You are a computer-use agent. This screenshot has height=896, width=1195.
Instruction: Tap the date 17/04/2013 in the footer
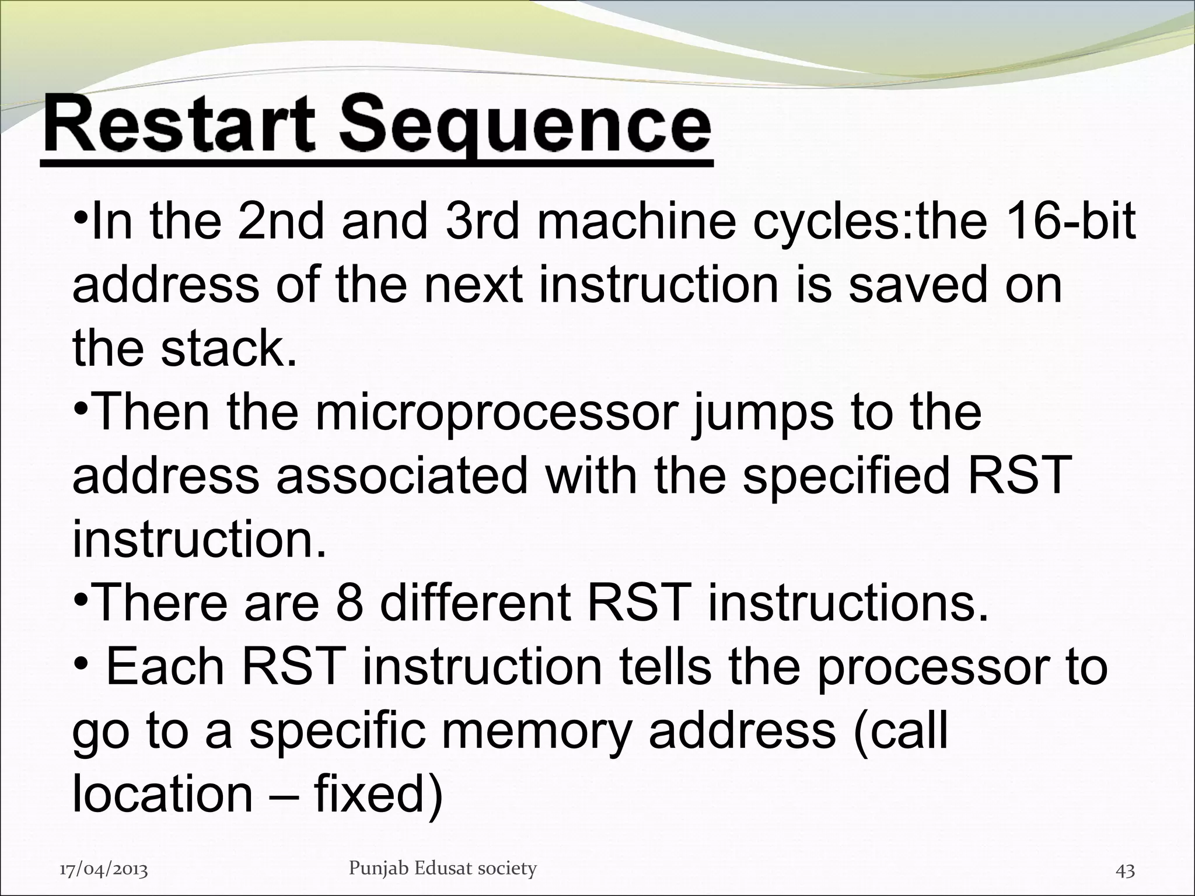(104, 870)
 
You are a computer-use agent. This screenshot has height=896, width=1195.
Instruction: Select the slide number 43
(1124, 871)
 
